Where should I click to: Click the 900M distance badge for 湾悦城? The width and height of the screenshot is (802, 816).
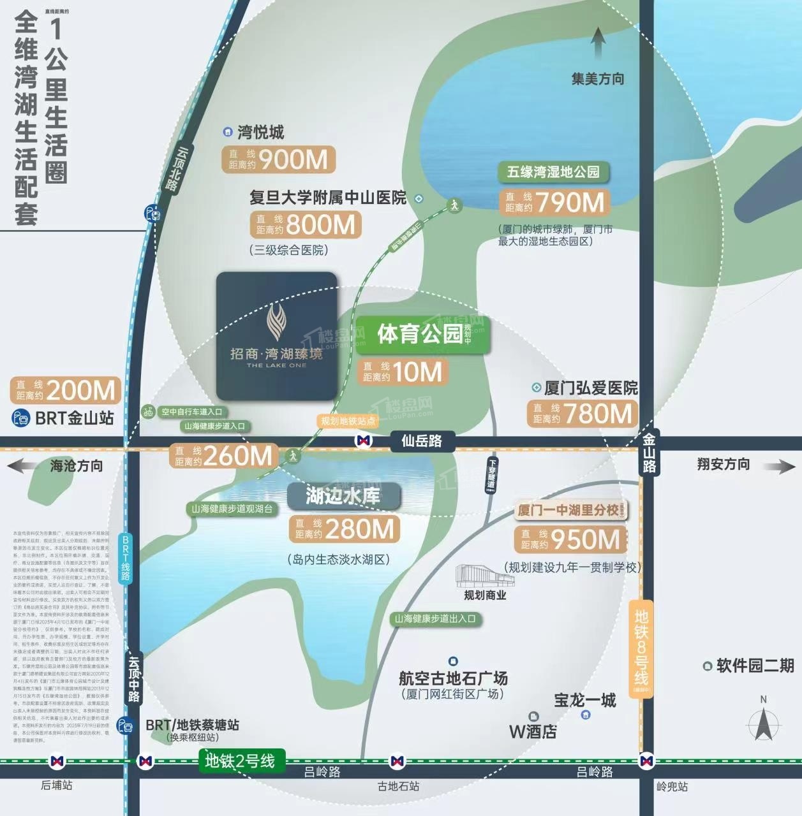click(x=278, y=159)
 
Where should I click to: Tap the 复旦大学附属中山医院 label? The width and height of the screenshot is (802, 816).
click(x=327, y=198)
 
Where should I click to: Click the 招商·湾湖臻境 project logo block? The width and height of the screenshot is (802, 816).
click(x=276, y=336)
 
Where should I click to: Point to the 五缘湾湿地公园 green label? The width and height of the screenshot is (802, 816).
click(x=553, y=172)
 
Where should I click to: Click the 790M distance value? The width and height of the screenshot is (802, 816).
click(x=569, y=203)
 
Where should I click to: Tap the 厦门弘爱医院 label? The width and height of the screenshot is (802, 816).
click(x=590, y=388)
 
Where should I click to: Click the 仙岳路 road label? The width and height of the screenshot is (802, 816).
click(x=421, y=441)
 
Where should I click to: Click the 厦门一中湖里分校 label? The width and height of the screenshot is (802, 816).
click(x=570, y=510)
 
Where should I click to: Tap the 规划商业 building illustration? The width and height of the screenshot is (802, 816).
click(x=485, y=576)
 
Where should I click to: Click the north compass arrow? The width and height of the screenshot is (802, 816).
click(x=763, y=724)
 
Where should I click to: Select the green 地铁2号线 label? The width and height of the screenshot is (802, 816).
click(x=241, y=760)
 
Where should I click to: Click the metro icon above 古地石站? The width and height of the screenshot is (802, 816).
click(x=397, y=761)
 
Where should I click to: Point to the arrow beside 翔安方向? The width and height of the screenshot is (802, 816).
click(x=779, y=466)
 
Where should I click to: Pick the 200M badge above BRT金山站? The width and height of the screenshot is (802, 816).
click(x=65, y=390)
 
